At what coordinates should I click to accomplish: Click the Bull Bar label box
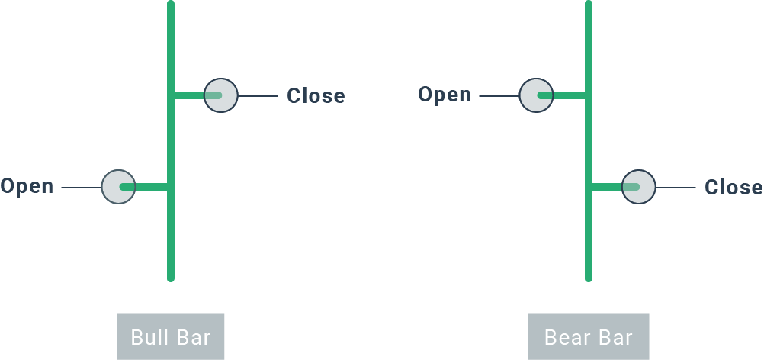point(171,336)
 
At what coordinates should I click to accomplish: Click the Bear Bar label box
point(588,336)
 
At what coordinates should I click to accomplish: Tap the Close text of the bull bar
point(316,96)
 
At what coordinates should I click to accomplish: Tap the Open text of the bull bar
point(27,186)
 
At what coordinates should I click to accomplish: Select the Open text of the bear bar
point(445,95)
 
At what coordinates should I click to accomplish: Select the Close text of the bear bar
point(734,188)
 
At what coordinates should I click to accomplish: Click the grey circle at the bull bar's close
point(221,95)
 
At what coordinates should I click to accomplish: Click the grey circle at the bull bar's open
point(118,186)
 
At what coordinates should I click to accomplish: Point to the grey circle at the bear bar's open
point(536,95)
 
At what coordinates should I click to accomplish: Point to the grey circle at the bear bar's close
point(638,187)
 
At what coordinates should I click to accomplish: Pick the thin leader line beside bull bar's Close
point(258,96)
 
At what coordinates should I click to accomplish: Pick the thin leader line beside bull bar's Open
point(81,187)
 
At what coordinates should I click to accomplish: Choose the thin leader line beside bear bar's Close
point(676,188)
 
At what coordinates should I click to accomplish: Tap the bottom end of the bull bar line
point(171,278)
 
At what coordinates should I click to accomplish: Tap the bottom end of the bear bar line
point(588,278)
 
